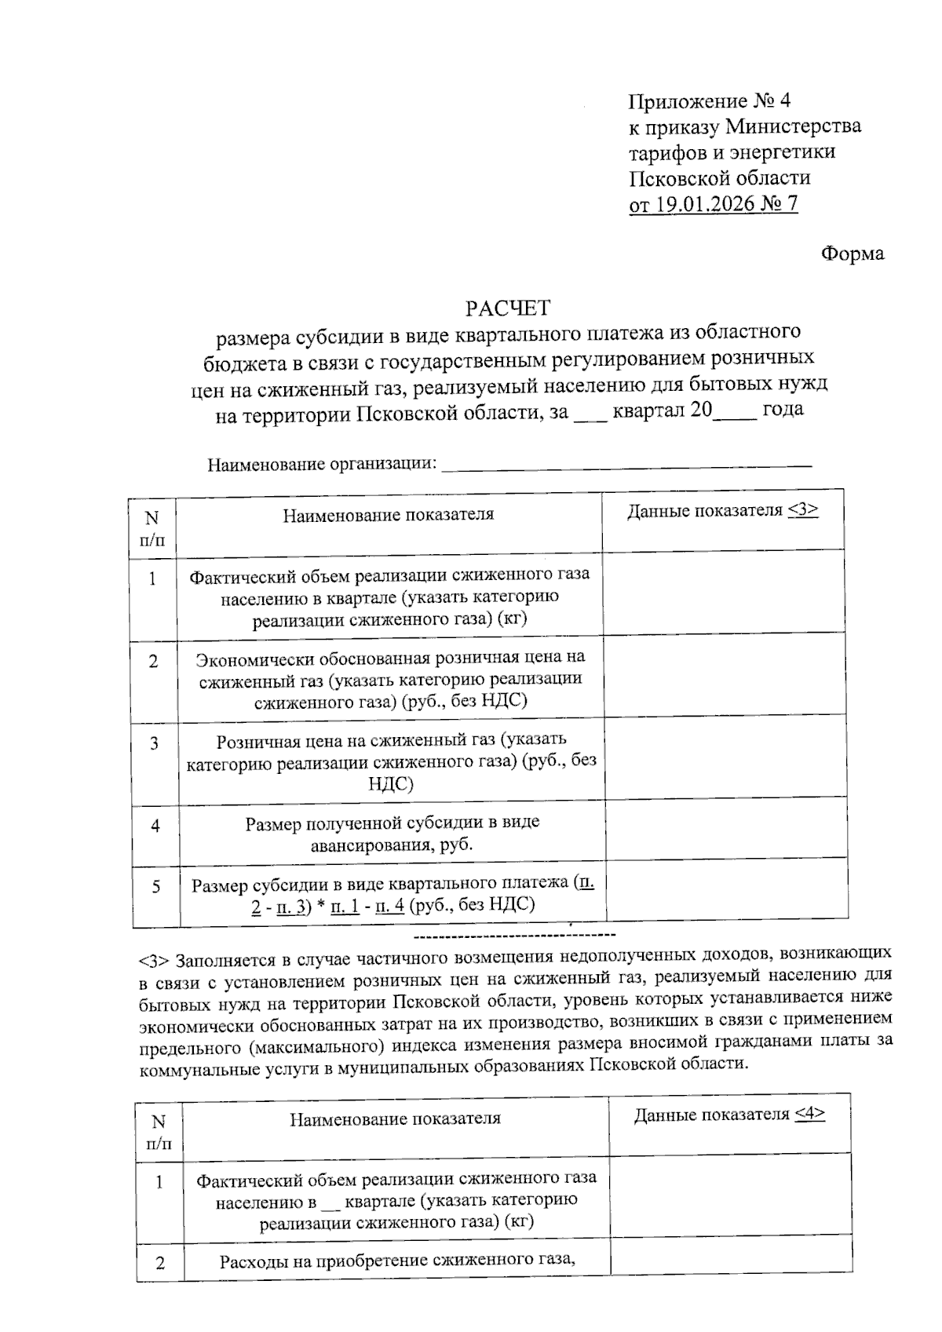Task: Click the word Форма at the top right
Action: point(852,254)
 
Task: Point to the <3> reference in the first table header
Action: point(803,511)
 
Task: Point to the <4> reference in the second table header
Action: point(809,1115)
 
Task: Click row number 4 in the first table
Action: point(155,826)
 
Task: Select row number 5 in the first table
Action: point(155,886)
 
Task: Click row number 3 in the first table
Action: point(155,743)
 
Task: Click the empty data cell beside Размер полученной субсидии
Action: point(725,830)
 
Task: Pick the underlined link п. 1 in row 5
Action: point(345,905)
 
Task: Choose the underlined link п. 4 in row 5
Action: point(390,905)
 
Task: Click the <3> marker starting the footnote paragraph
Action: point(154,961)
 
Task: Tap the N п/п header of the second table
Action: point(159,1133)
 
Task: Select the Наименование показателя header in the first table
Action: point(389,515)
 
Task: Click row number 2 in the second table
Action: point(161,1263)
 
